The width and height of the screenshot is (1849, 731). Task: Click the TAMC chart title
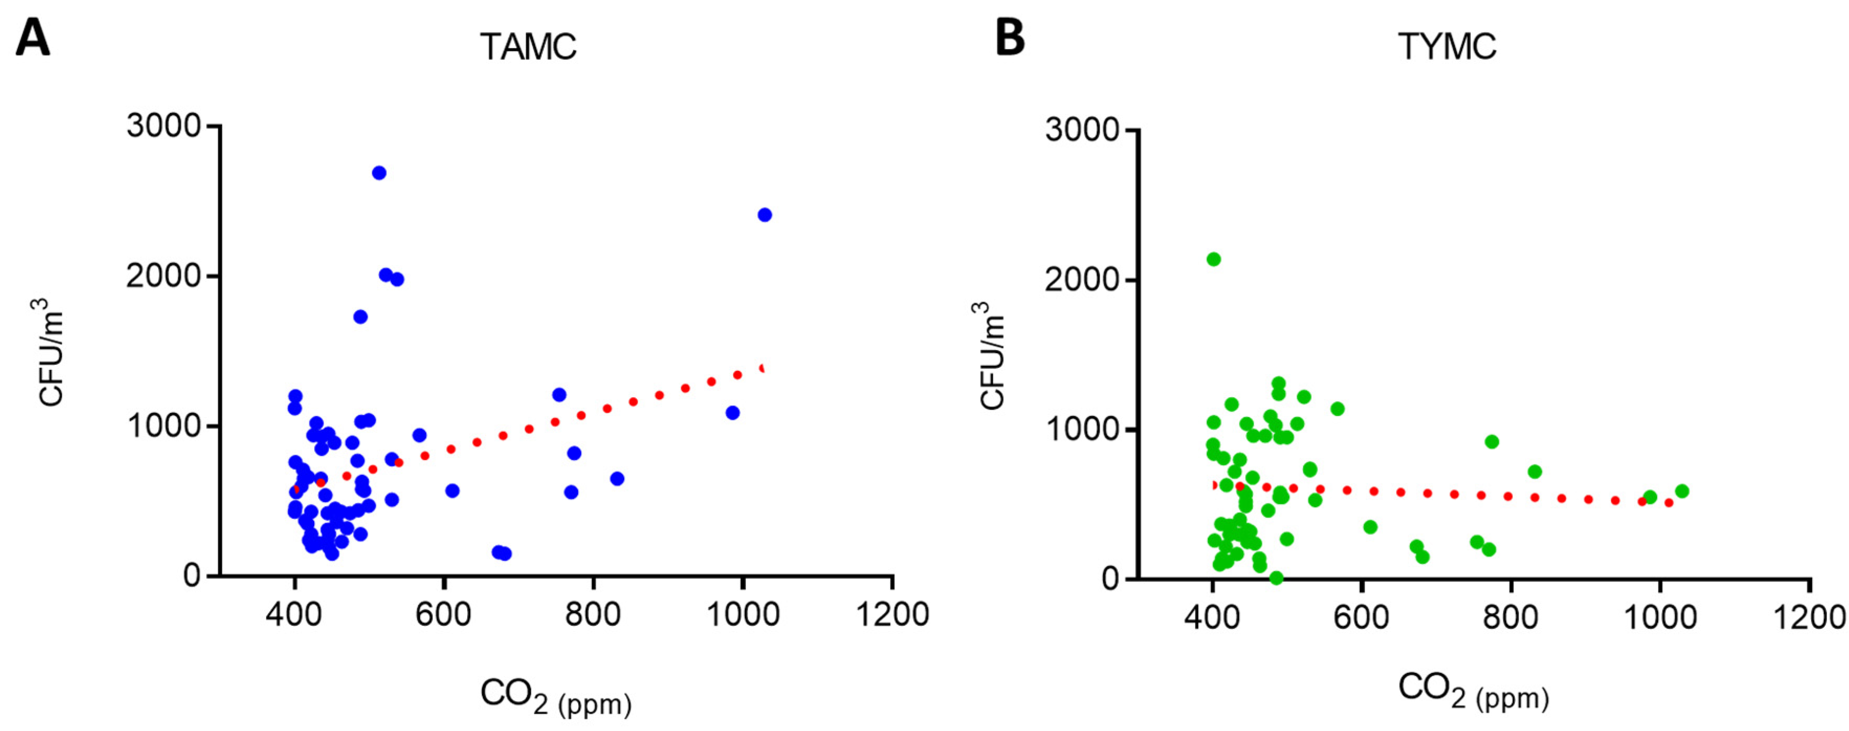[x=528, y=47]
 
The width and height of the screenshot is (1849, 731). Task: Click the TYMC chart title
[x=1447, y=47]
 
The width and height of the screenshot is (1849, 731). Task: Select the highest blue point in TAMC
[x=379, y=173]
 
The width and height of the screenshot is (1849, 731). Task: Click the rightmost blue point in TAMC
[x=765, y=215]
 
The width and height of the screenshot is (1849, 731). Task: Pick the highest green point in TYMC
[x=1214, y=259]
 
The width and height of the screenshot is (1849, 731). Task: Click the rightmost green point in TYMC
[x=1682, y=491]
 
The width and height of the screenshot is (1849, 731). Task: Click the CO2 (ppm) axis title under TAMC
[x=556, y=696]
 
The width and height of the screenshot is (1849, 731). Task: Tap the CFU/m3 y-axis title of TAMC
[x=50, y=352]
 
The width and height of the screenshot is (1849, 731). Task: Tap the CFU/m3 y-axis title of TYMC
[x=991, y=355]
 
